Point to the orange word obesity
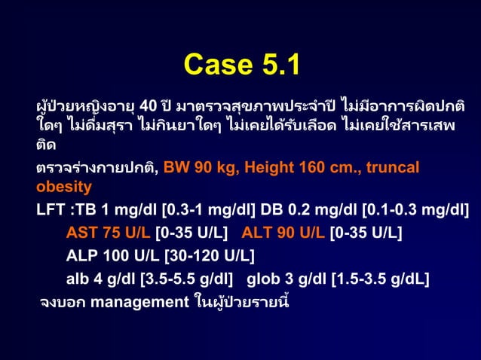(64, 186)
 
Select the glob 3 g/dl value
(287, 280)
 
